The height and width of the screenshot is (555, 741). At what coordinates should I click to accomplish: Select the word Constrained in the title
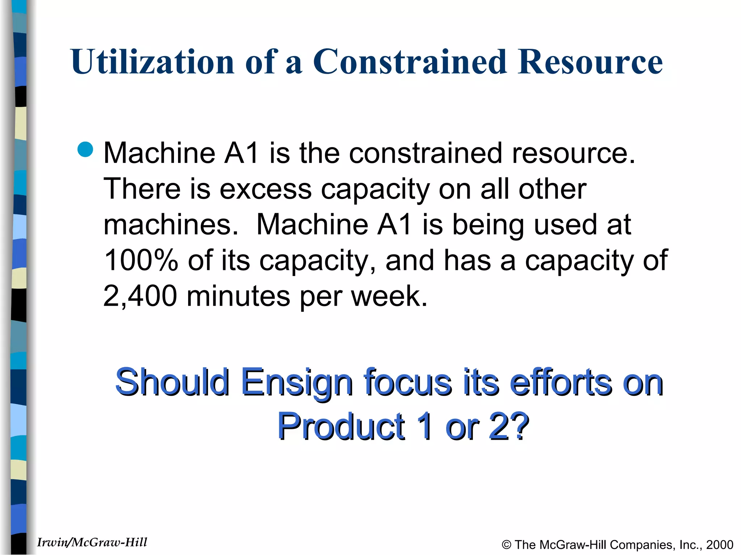(409, 62)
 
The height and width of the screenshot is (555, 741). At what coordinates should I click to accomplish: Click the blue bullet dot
(86, 150)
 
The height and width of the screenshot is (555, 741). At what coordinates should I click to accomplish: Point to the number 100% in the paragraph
(141, 260)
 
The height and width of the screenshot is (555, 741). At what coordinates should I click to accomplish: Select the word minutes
(238, 296)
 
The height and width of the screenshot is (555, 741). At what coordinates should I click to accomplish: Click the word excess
(265, 189)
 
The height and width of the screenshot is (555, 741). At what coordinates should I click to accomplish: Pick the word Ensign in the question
(297, 382)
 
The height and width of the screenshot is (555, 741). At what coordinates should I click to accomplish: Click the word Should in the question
(172, 382)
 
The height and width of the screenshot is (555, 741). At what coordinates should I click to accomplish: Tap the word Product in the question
(341, 427)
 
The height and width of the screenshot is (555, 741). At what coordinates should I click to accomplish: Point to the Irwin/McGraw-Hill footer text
(92, 542)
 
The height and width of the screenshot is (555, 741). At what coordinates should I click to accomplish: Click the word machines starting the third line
(171, 225)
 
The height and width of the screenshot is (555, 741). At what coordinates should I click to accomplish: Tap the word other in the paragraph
(552, 189)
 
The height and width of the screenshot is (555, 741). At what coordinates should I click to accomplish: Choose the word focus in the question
(408, 382)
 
